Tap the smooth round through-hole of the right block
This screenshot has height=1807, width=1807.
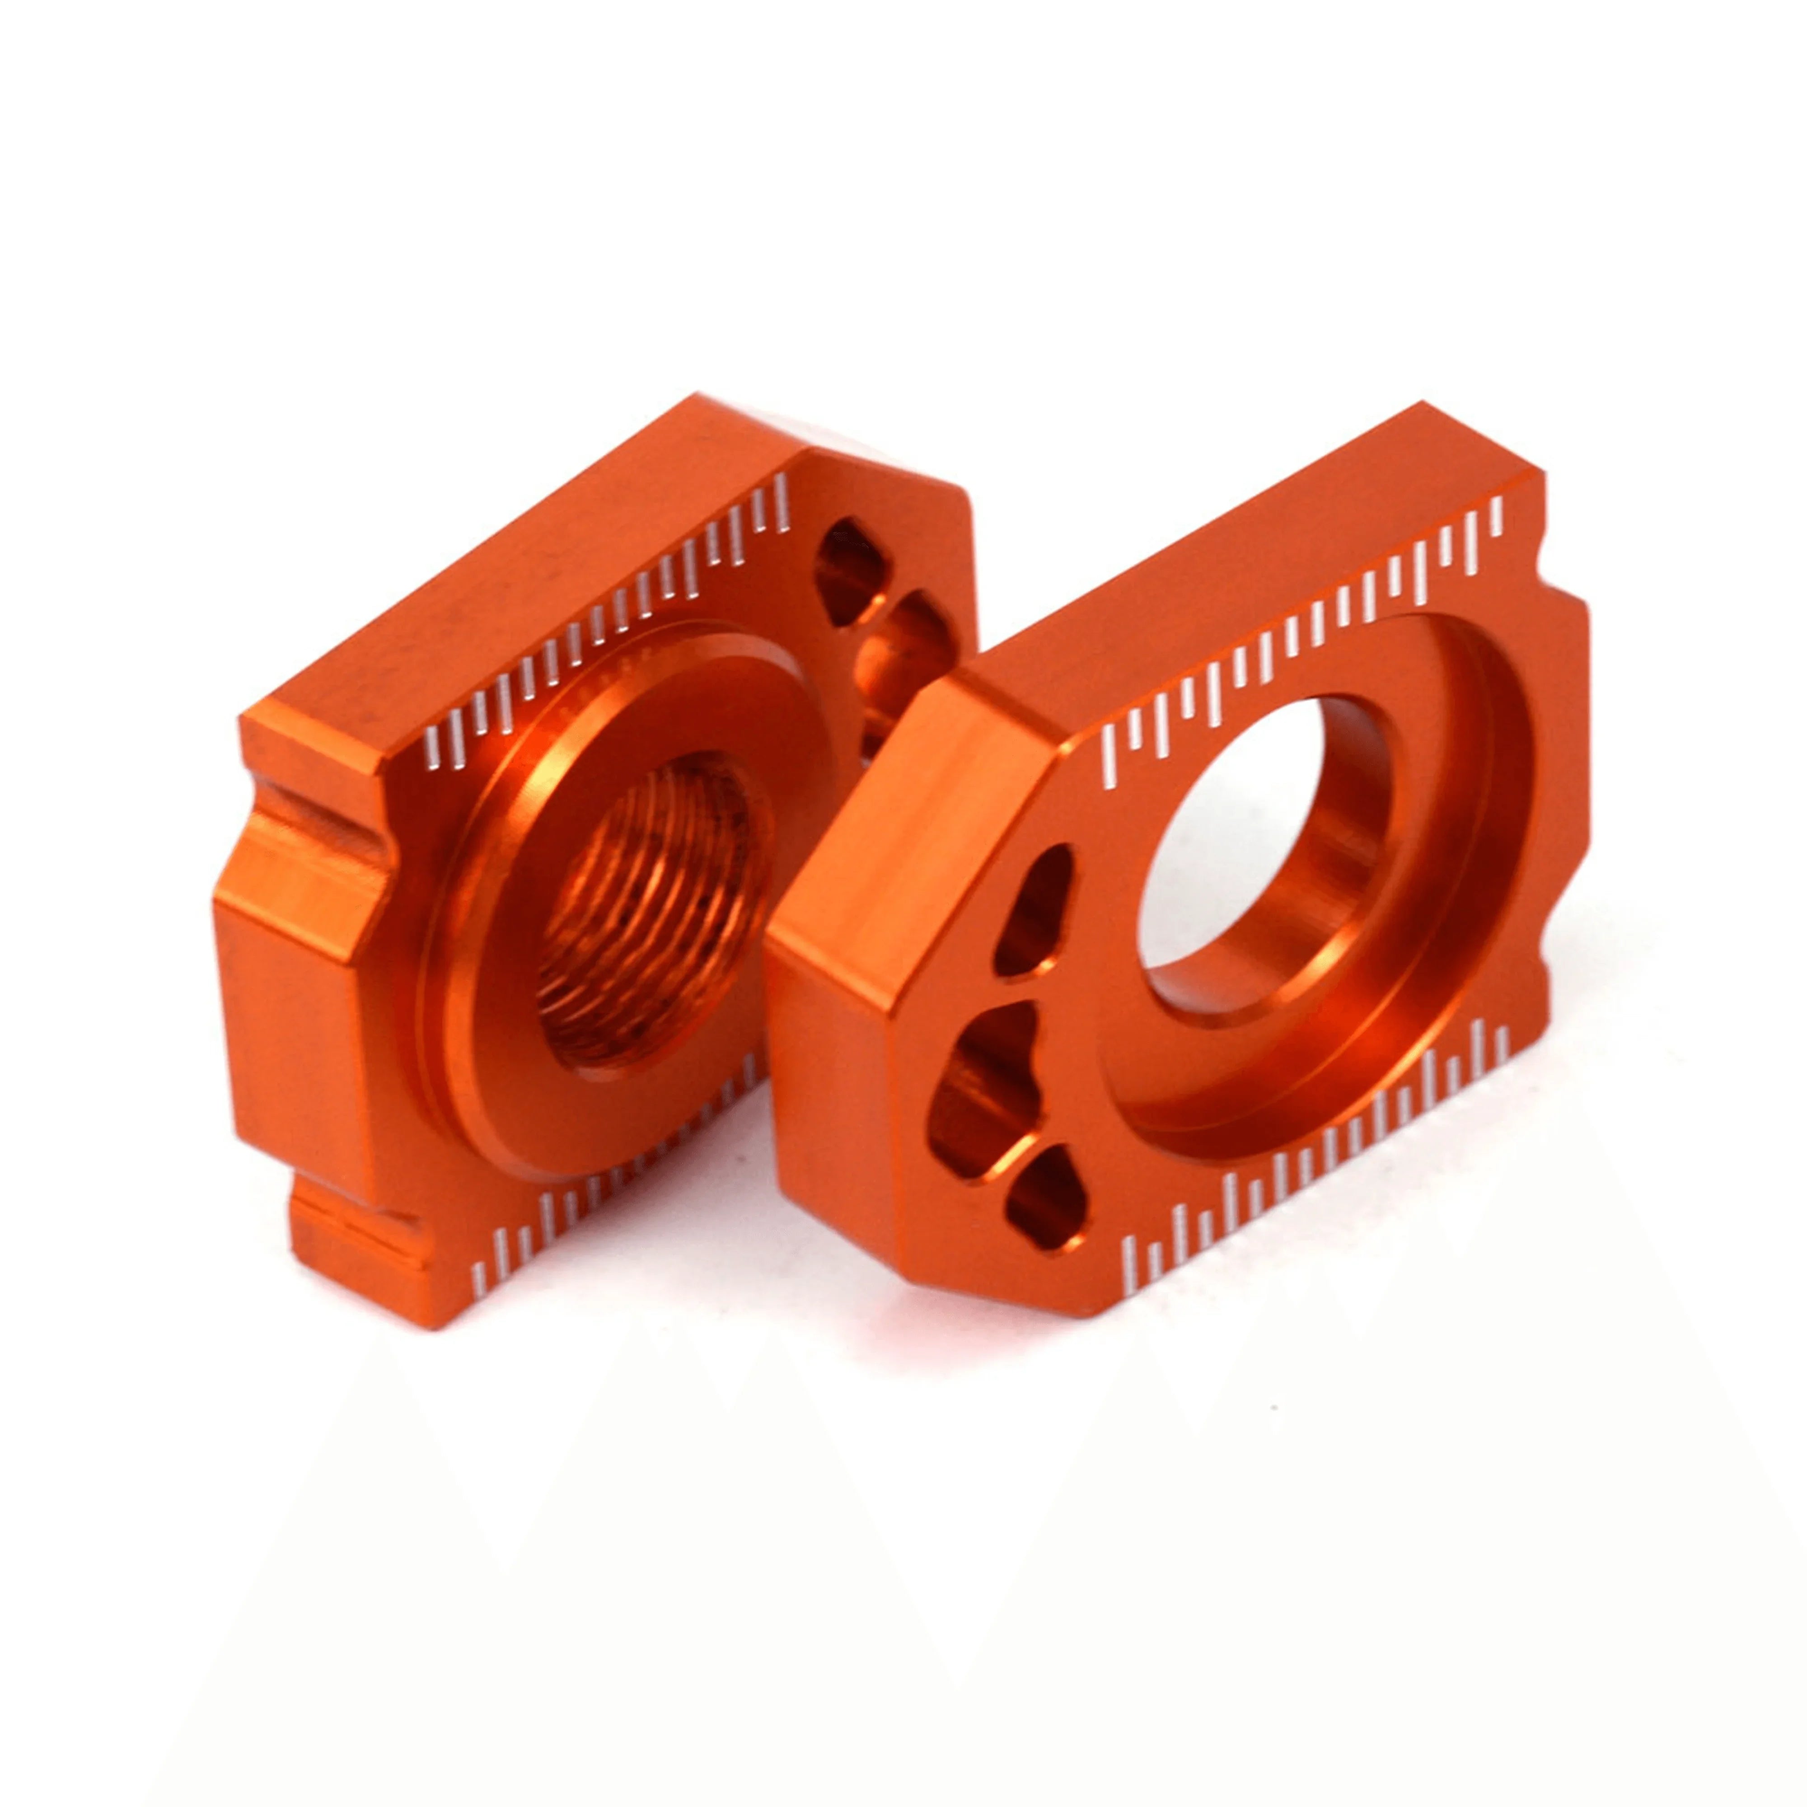pyautogui.click(x=1263, y=833)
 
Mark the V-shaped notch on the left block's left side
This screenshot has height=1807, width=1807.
pyautogui.click(x=318, y=842)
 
